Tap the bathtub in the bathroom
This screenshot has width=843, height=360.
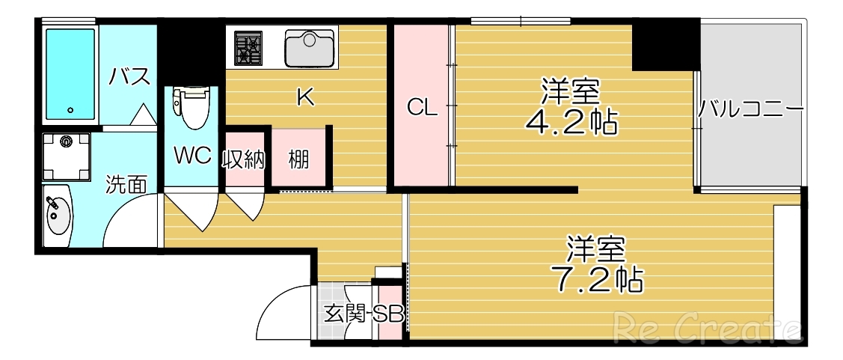70,74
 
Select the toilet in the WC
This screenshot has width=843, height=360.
189,109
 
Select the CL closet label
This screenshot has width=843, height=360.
421,109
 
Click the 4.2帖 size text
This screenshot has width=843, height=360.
571,122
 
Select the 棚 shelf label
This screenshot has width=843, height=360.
299,159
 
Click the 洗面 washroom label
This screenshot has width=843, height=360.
125,184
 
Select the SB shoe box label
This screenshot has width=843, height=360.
389,314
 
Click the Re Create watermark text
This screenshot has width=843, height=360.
708,328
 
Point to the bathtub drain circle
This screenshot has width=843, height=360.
70,110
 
